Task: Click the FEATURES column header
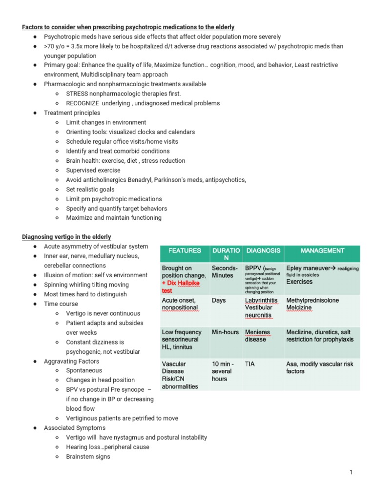[x=184, y=250]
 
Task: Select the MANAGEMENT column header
[x=322, y=250]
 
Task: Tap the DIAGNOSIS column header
[x=263, y=250]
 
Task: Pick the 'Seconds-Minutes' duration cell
[x=225, y=272]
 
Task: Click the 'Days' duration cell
[x=219, y=301]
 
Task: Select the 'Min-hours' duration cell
[x=226, y=332]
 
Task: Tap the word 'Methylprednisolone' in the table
[x=312, y=301]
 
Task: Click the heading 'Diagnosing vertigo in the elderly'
[x=66, y=237]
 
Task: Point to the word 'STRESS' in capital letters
[x=77, y=94]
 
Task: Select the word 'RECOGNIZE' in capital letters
[x=83, y=103]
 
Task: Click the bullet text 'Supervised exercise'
[x=93, y=170]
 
